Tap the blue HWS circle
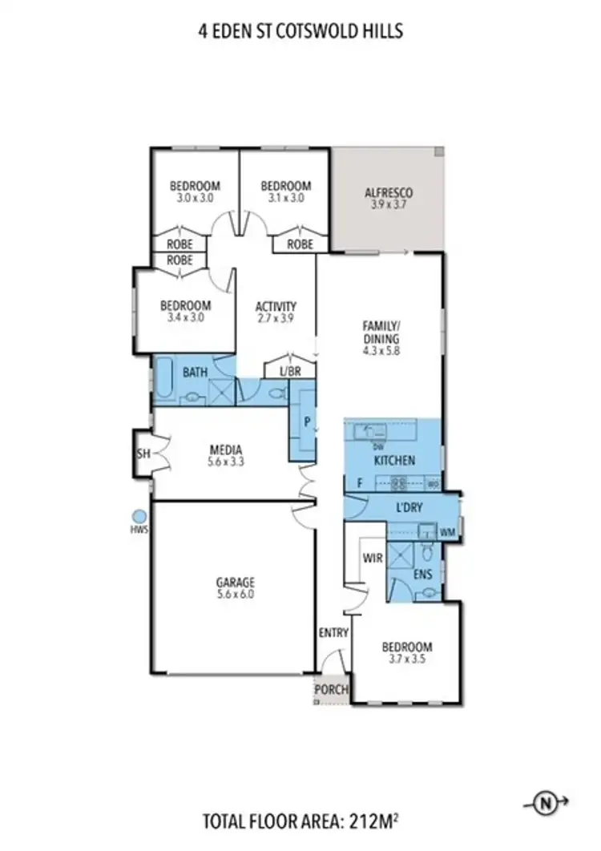[x=139, y=517]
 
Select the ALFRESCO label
[x=388, y=193]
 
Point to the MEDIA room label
[x=225, y=450]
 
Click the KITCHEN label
[x=394, y=461]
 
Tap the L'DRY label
[x=409, y=508]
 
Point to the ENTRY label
[x=333, y=633]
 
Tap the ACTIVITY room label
[x=276, y=306]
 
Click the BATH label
[x=196, y=372]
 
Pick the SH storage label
[x=143, y=453]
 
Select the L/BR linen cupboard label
[x=289, y=372]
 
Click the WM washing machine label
[x=447, y=531]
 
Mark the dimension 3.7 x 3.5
[x=406, y=660]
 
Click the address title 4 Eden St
[x=300, y=32]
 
